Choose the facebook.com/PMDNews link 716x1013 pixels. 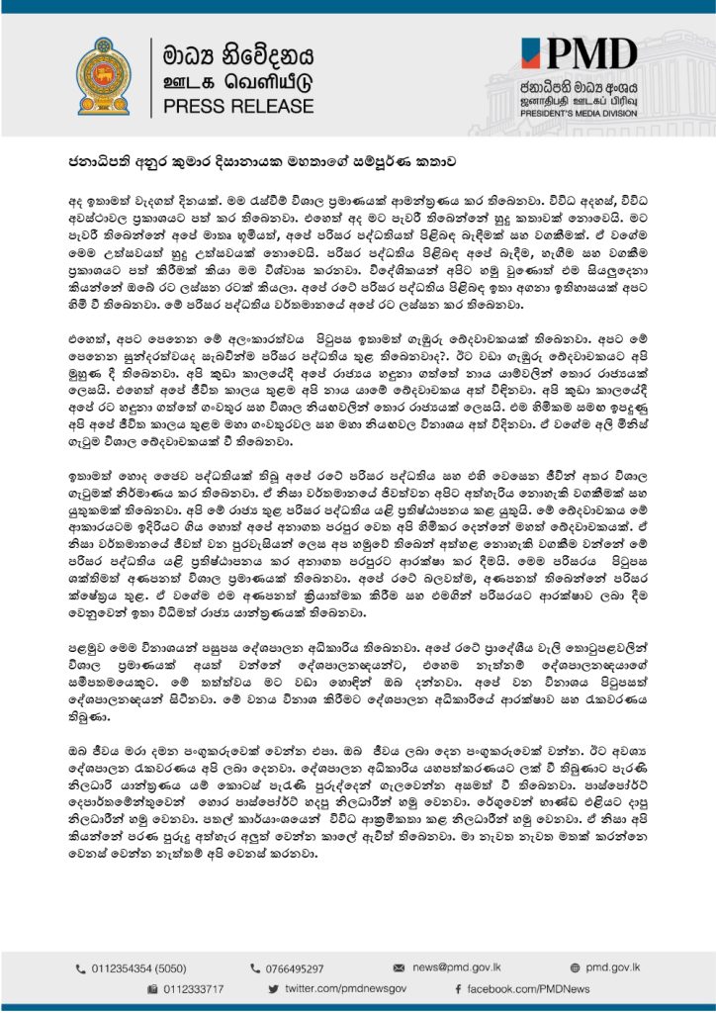point(529,988)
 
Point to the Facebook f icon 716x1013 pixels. point(459,988)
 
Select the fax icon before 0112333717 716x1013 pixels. point(152,988)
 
